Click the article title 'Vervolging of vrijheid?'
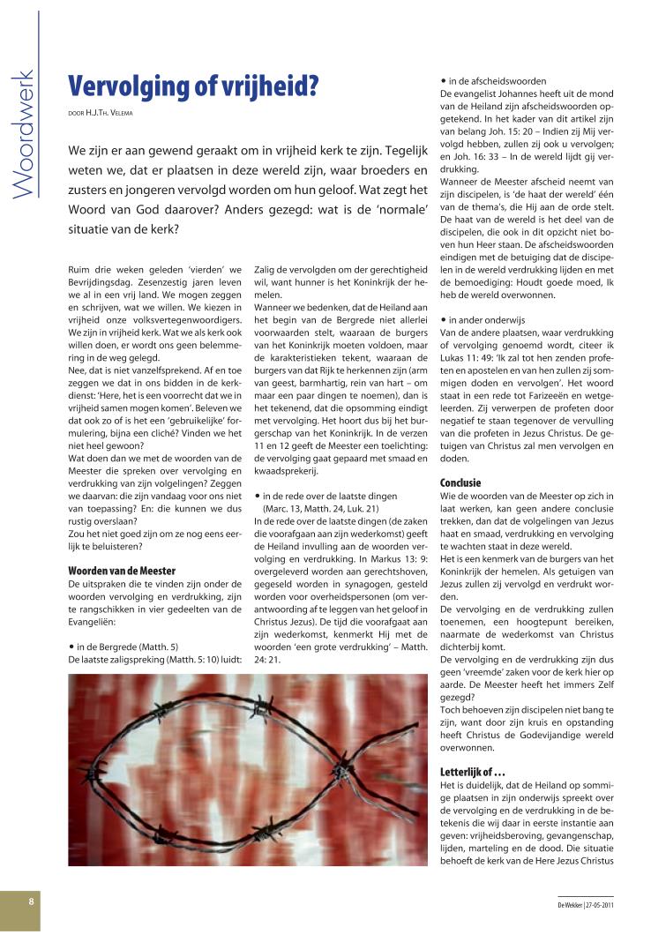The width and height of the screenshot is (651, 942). pos(193,86)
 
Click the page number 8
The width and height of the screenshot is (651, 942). pos(31,901)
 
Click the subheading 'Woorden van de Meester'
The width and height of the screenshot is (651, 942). pos(122,571)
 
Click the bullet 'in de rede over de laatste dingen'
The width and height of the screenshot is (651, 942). pos(334,497)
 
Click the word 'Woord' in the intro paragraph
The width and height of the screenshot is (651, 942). pos(93,209)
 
